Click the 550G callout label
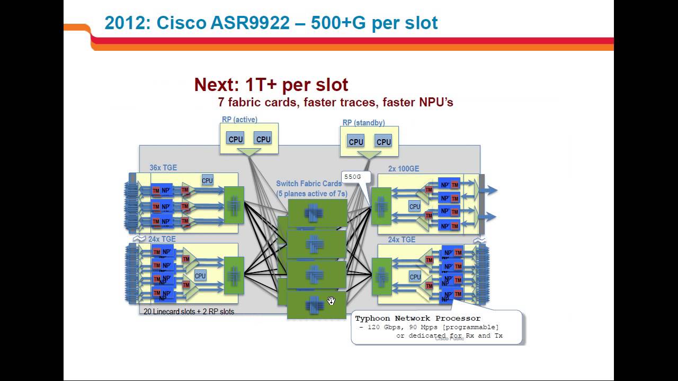(x=352, y=177)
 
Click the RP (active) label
(x=239, y=120)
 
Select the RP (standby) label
(x=363, y=123)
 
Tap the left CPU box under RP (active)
(x=235, y=139)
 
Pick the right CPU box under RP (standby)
(x=383, y=142)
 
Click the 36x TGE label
(x=163, y=168)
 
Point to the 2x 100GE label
(x=403, y=169)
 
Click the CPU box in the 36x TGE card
(x=207, y=180)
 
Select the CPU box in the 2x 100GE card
(x=415, y=206)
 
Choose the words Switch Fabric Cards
(x=309, y=184)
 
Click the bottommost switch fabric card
(x=316, y=305)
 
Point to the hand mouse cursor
(x=331, y=301)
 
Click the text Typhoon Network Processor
(x=417, y=318)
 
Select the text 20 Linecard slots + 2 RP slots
(x=189, y=311)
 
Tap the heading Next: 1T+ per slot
(x=271, y=85)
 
